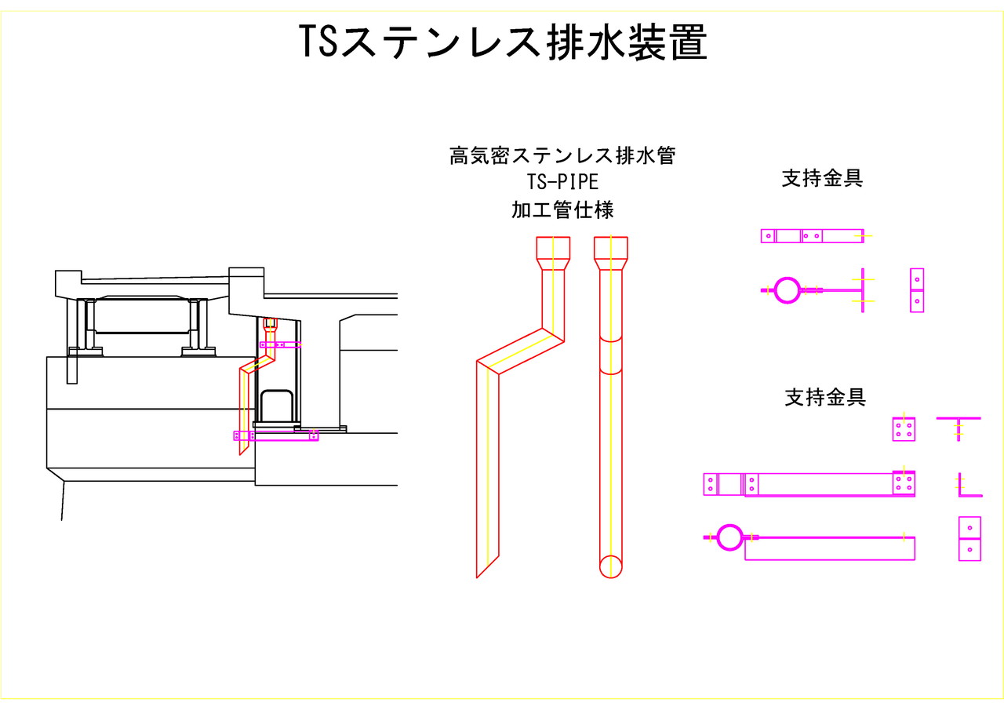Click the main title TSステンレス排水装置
pyautogui.click(x=503, y=43)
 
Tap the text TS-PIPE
pyautogui.click(x=562, y=182)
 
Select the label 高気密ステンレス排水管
pyautogui.click(x=562, y=155)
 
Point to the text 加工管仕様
pyautogui.click(x=562, y=210)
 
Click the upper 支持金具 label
pyautogui.click(x=822, y=178)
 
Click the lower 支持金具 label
pyautogui.click(x=825, y=397)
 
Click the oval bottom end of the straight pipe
pyautogui.click(x=611, y=566)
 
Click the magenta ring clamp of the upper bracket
pyautogui.click(x=787, y=289)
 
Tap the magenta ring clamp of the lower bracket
pyautogui.click(x=729, y=537)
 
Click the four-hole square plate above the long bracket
pyautogui.click(x=904, y=429)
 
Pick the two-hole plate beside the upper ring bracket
pyautogui.click(x=917, y=290)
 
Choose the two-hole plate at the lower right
pyautogui.click(x=970, y=538)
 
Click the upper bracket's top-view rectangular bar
pyautogui.click(x=812, y=235)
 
